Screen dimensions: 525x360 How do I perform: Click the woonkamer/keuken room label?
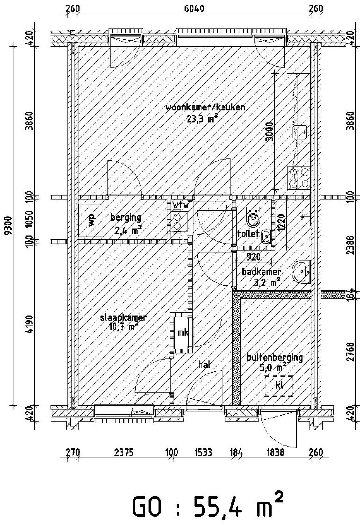click(205, 107)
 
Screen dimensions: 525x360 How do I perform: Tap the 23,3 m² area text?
click(202, 119)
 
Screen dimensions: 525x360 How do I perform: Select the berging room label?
click(126, 217)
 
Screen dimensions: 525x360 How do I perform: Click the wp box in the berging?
click(90, 220)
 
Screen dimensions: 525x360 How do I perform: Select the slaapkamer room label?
click(123, 318)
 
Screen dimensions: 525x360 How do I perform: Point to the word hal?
click(204, 365)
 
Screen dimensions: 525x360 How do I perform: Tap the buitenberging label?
click(275, 358)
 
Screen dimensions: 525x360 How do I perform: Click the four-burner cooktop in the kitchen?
click(299, 178)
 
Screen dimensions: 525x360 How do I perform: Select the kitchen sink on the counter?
click(300, 132)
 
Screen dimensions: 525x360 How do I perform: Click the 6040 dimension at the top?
click(194, 9)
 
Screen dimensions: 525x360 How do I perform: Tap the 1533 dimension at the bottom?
click(203, 452)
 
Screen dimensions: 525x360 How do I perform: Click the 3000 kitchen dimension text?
click(269, 132)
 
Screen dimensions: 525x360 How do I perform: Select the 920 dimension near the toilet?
click(253, 257)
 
